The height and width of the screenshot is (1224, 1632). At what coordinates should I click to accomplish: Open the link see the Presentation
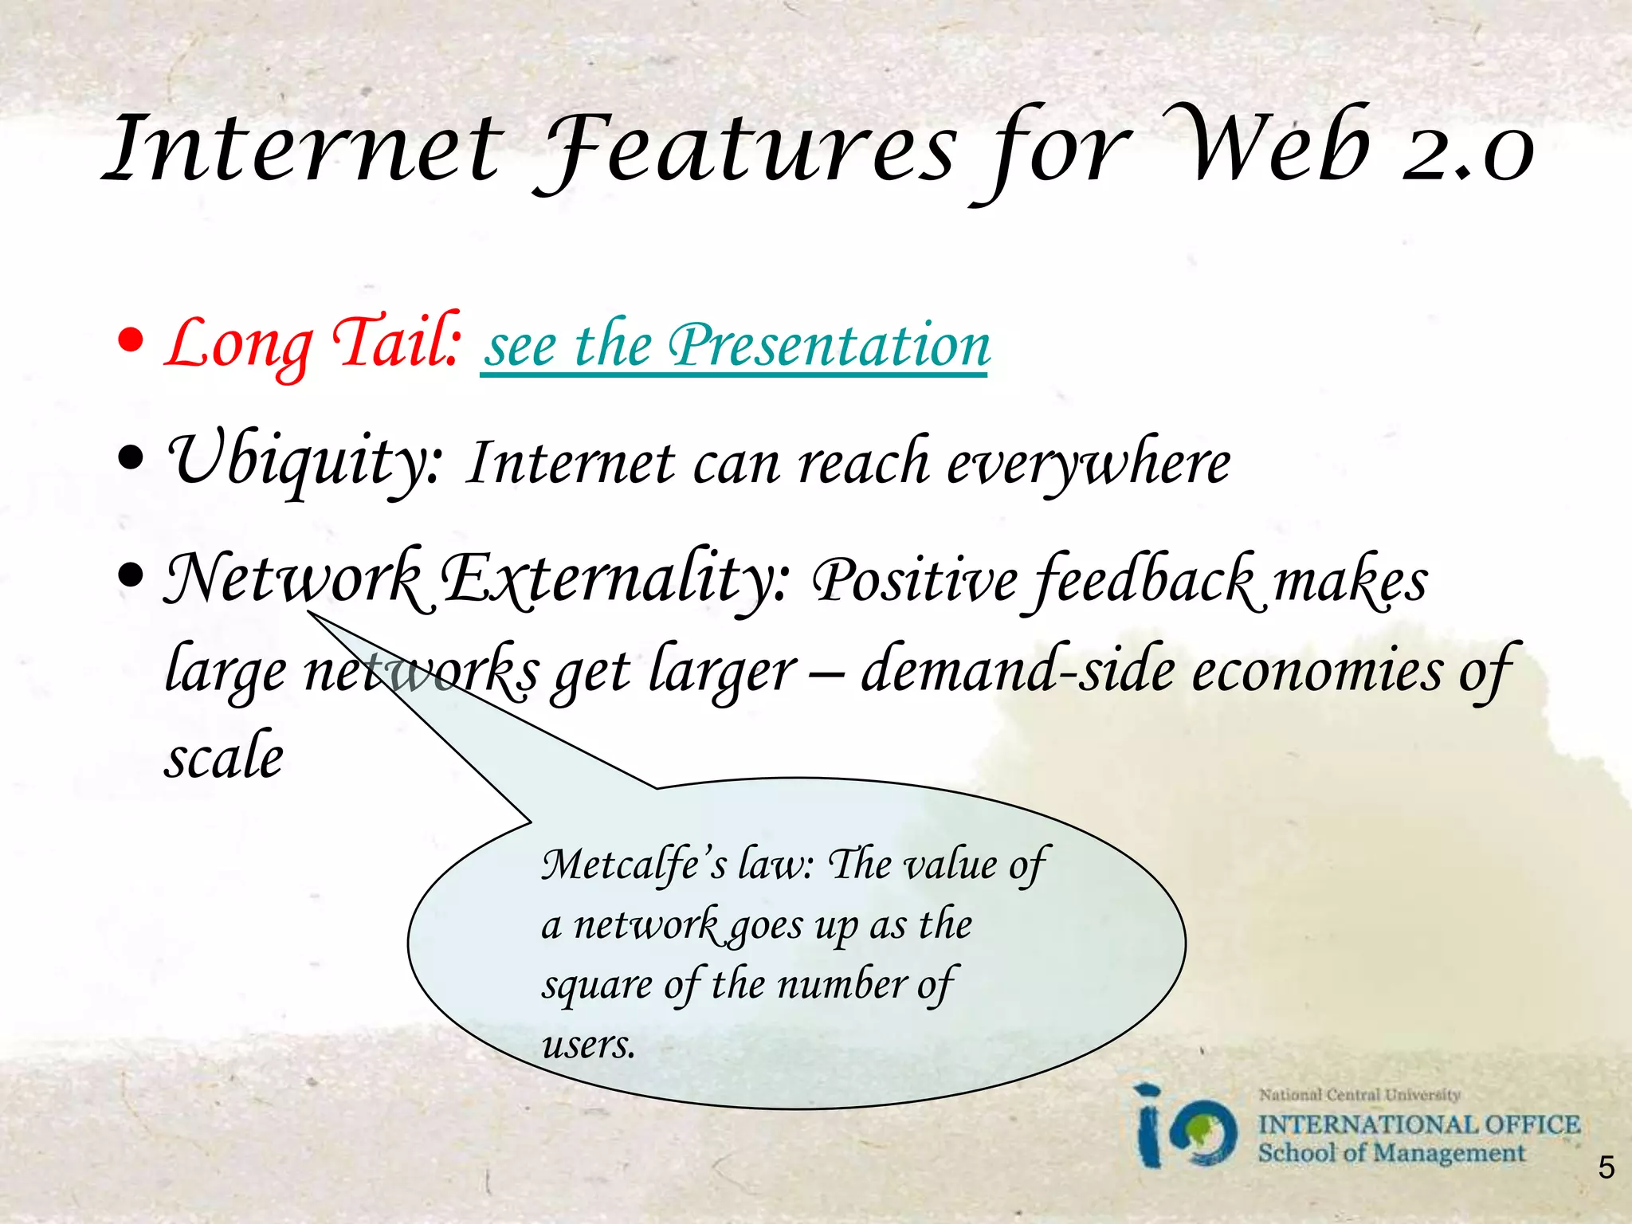pos(736,347)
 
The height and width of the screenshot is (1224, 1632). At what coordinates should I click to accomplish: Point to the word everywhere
pos(1089,464)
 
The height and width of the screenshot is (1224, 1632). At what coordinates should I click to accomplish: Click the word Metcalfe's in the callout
pos(634,865)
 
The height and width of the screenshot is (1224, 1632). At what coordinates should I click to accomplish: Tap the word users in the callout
pos(588,1045)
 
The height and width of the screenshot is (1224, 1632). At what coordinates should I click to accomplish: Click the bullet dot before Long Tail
pos(131,341)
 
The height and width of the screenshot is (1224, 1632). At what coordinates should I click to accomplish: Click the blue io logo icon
pos(1185,1128)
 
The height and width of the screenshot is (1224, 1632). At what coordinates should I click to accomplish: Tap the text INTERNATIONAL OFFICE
pos(1418,1124)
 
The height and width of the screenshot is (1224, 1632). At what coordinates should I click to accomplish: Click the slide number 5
pos(1606,1167)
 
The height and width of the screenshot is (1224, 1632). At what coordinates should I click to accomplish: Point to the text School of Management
pos(1391,1153)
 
